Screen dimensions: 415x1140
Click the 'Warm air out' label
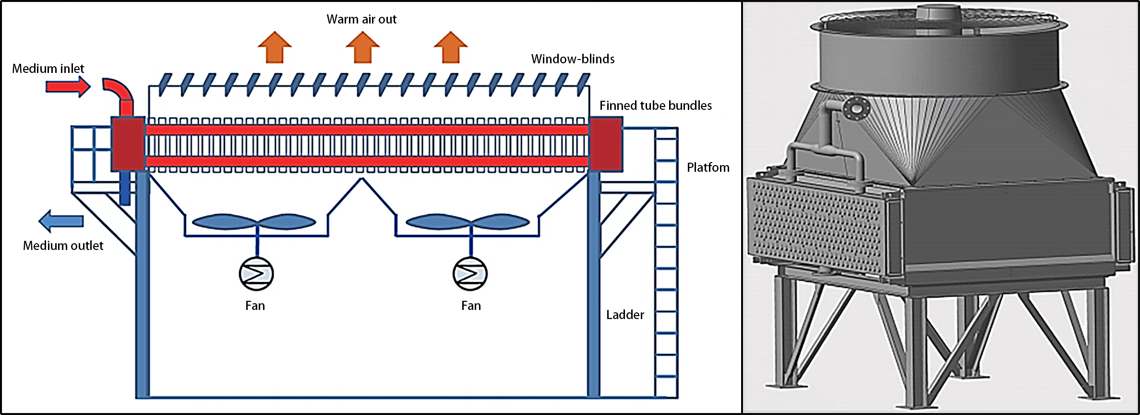point(361,19)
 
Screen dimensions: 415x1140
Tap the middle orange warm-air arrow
point(362,47)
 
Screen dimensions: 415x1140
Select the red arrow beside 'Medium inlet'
point(68,87)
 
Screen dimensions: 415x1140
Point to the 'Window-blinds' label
point(573,59)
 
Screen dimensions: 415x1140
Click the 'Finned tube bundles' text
point(655,106)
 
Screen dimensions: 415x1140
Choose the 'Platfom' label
point(708,167)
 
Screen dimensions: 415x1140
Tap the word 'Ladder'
point(624,315)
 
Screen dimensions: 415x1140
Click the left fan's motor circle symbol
point(256,273)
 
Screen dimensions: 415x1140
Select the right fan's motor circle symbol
point(470,273)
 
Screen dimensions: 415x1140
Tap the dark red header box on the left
point(128,143)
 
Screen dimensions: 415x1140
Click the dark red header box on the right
point(606,144)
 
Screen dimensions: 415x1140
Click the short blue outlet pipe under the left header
point(125,188)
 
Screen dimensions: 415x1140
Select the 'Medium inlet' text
point(48,69)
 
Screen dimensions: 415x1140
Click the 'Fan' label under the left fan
point(255,306)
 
